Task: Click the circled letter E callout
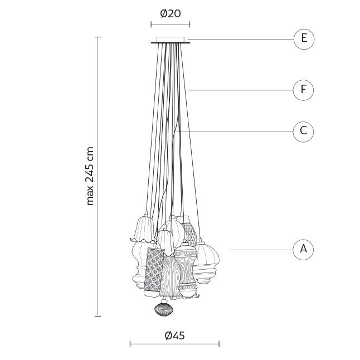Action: (304, 39)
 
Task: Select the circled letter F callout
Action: (303, 90)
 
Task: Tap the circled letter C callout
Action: (303, 132)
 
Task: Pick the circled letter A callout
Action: (303, 250)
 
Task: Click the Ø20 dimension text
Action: (171, 14)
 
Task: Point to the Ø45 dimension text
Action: (175, 335)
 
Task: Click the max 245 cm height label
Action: (90, 176)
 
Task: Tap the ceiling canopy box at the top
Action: (171, 40)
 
